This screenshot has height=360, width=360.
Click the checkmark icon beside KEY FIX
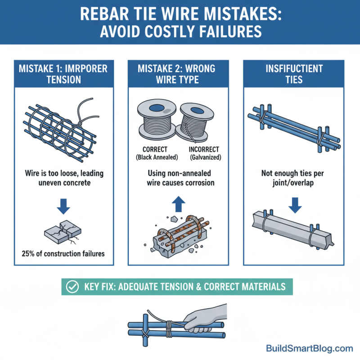click(71, 286)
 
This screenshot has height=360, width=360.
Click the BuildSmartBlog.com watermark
click(310, 348)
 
